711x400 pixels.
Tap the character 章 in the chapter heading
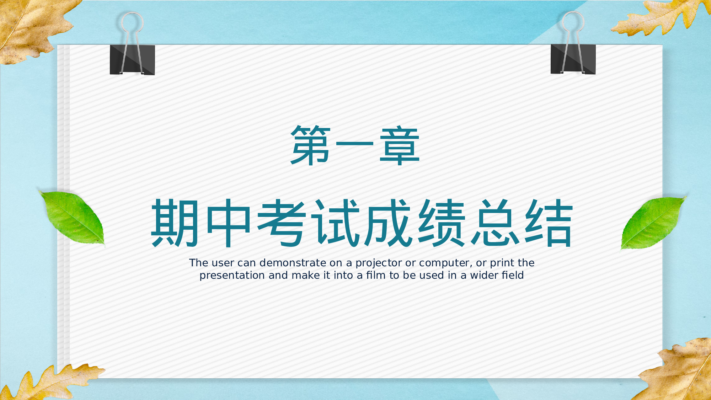click(400, 145)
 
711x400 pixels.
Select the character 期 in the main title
click(175, 223)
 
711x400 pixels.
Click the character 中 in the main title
click(228, 223)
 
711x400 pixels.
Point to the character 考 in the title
click(281, 223)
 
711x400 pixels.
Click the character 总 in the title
click(495, 223)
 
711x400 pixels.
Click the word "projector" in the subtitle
click(379, 263)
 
